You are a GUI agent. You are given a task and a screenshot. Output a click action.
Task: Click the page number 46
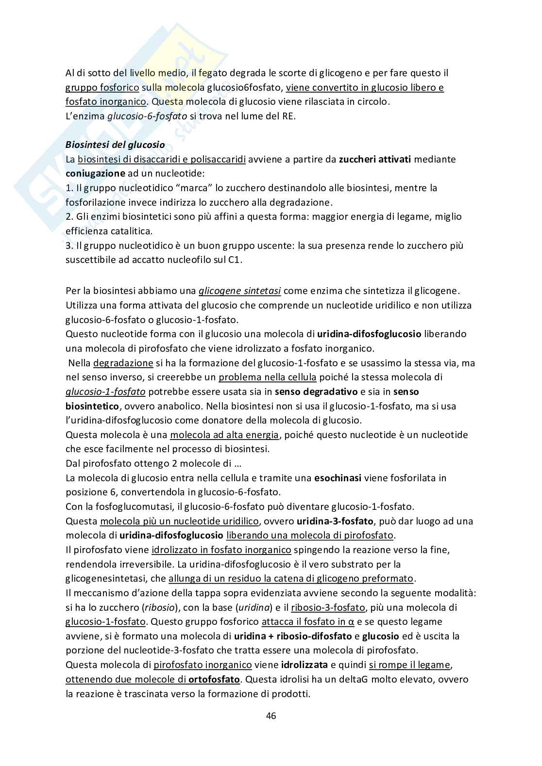click(x=271, y=716)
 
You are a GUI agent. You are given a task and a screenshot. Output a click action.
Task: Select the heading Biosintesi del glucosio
click(x=115, y=145)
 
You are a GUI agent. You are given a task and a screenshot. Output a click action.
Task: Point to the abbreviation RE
click(x=288, y=116)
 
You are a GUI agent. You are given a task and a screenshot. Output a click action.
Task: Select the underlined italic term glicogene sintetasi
click(x=239, y=291)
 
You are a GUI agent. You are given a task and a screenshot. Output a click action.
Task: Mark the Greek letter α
click(x=351, y=622)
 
